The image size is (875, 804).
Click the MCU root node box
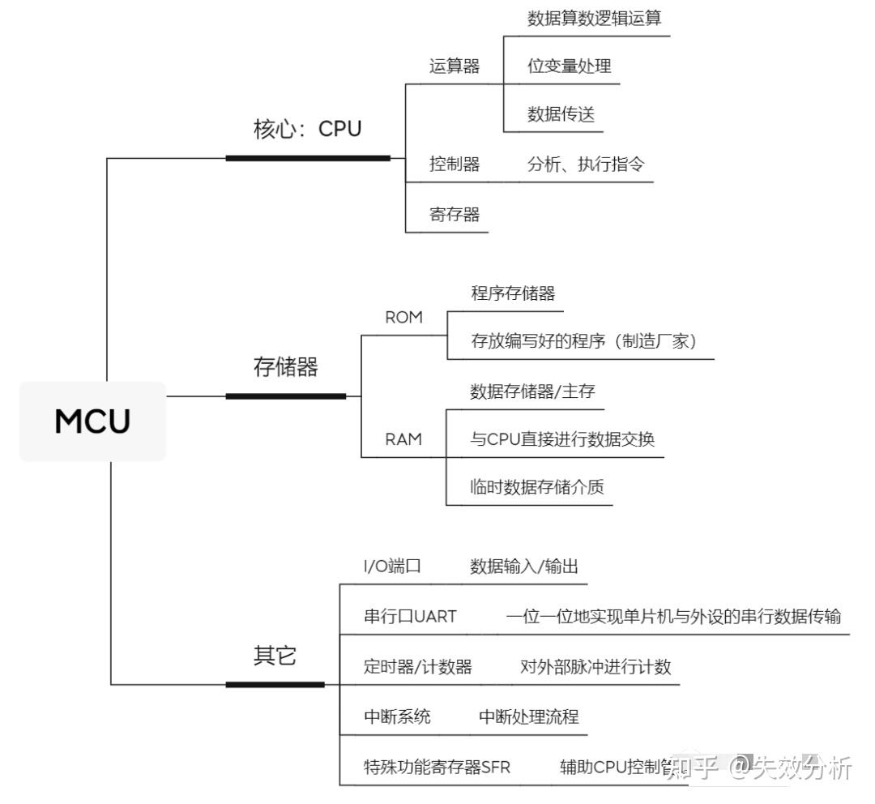tap(92, 421)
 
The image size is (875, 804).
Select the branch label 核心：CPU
tap(307, 129)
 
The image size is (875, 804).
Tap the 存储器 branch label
tap(285, 367)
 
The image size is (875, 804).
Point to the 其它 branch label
tap(275, 656)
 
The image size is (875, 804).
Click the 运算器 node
tap(454, 66)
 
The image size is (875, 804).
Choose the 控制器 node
tap(454, 165)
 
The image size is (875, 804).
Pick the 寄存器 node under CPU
tap(454, 215)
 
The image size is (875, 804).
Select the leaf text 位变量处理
tap(569, 66)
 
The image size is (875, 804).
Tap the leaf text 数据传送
tap(561, 115)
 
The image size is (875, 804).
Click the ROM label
tap(403, 318)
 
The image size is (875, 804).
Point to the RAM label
tap(403, 439)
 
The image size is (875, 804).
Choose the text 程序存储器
tap(513, 293)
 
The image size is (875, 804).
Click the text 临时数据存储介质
tap(536, 488)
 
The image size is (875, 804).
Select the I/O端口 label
tap(392, 567)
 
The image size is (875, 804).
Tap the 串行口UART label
tap(410, 617)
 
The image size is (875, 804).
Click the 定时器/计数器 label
tap(417, 667)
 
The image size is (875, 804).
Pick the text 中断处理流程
tap(528, 717)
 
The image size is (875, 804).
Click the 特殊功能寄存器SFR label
tap(437, 767)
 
